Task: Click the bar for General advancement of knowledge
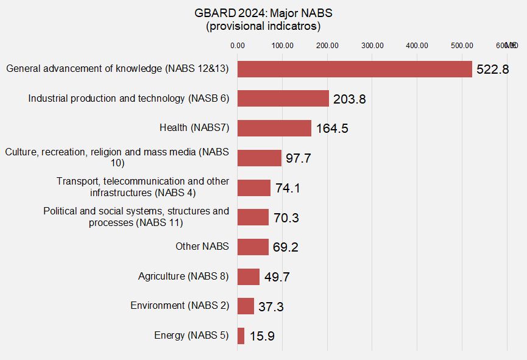355,69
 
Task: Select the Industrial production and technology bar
283,99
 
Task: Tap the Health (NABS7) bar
274,128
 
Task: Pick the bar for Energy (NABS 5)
241,336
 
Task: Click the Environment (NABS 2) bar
246,306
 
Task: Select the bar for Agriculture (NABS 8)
248,277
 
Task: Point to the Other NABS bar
253,247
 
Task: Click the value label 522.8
492,69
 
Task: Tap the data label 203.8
349,99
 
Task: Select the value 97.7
299,158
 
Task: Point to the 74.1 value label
288,188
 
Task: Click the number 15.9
262,336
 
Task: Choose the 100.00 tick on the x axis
283,45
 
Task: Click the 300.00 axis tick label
372,45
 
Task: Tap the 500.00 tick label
462,45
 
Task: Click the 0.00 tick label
238,45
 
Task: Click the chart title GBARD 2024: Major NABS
263,13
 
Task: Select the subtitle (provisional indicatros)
263,27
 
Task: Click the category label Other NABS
202,247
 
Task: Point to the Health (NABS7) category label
194,128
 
